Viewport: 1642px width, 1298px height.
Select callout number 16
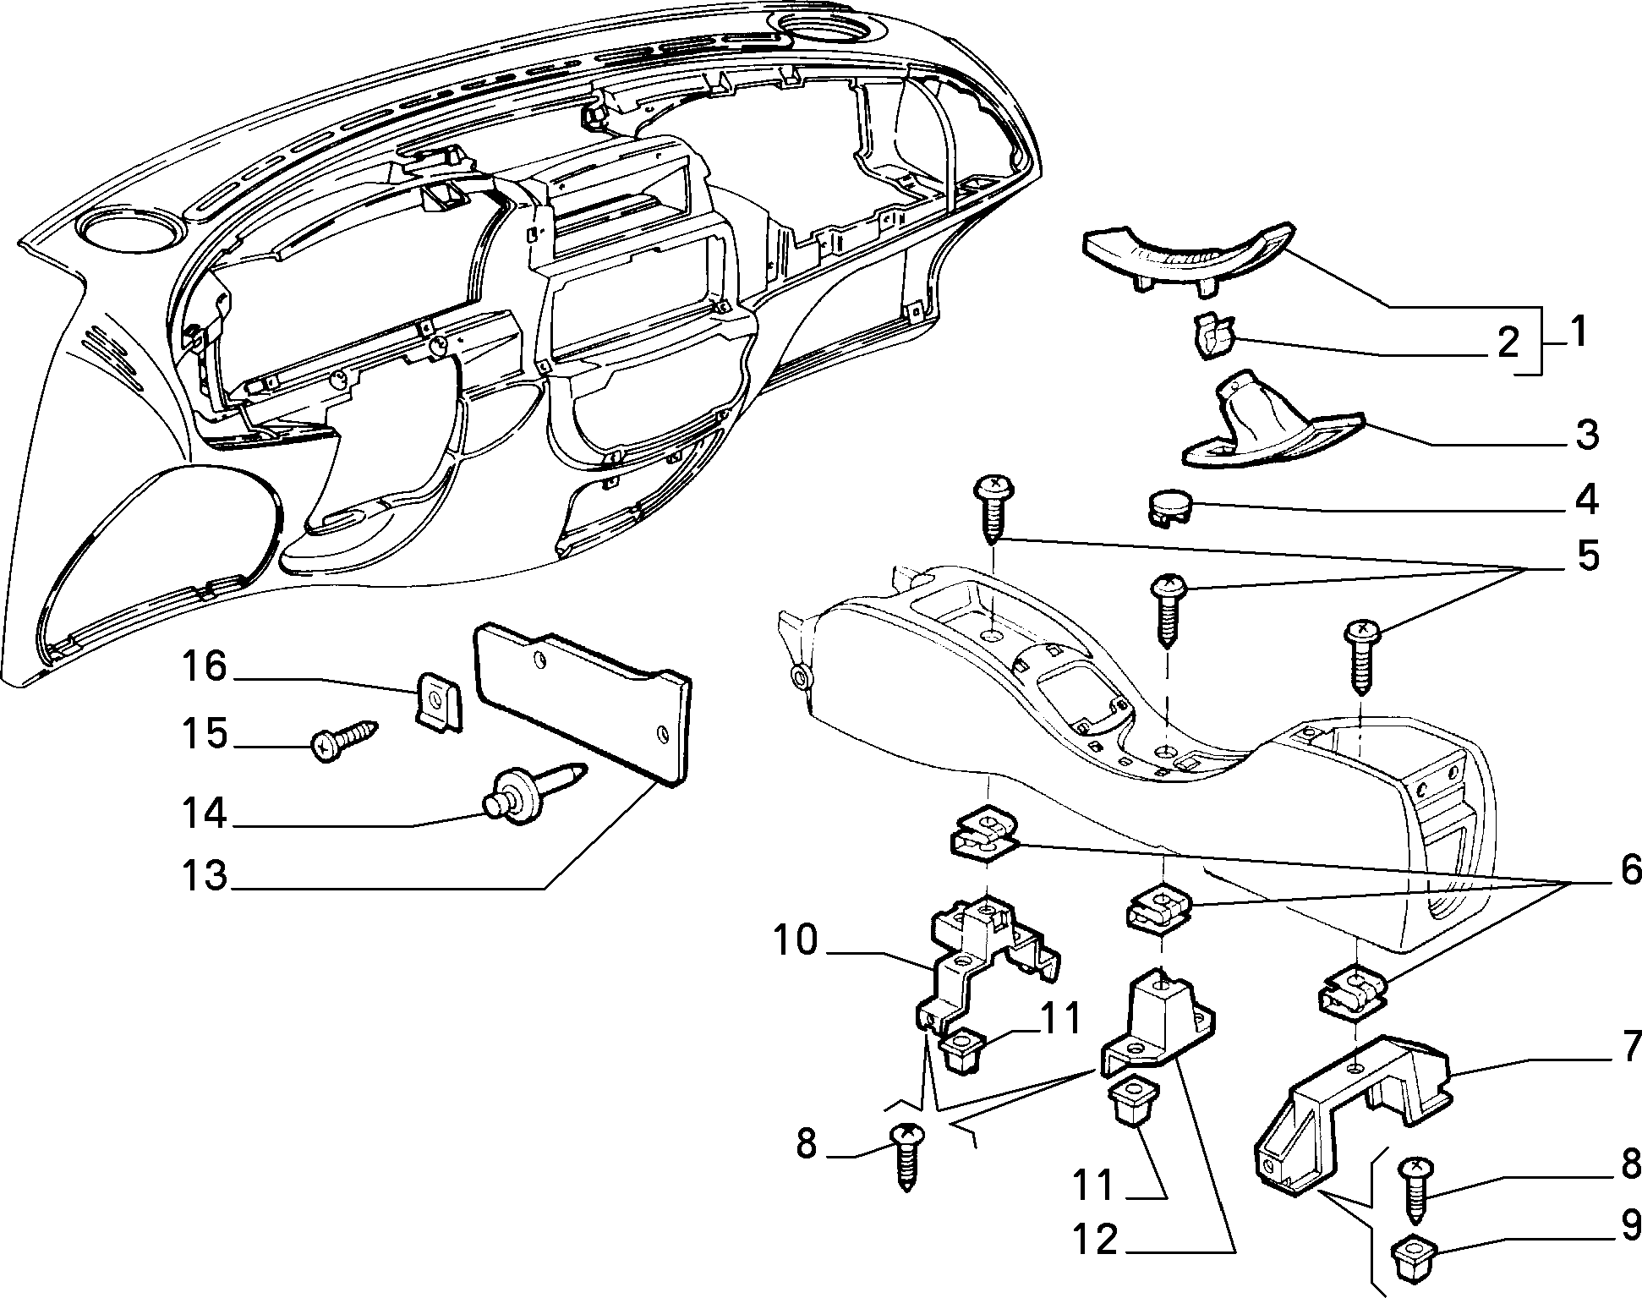(205, 667)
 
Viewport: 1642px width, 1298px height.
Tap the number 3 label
(1587, 435)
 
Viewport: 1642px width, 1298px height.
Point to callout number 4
(1587, 500)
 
